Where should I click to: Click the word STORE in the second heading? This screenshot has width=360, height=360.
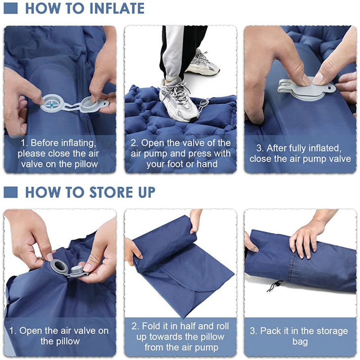(95, 192)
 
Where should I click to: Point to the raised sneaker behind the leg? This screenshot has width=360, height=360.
(203, 63)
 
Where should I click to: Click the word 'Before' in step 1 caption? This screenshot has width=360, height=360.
(49, 144)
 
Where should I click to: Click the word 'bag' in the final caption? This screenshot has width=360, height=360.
(300, 342)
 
